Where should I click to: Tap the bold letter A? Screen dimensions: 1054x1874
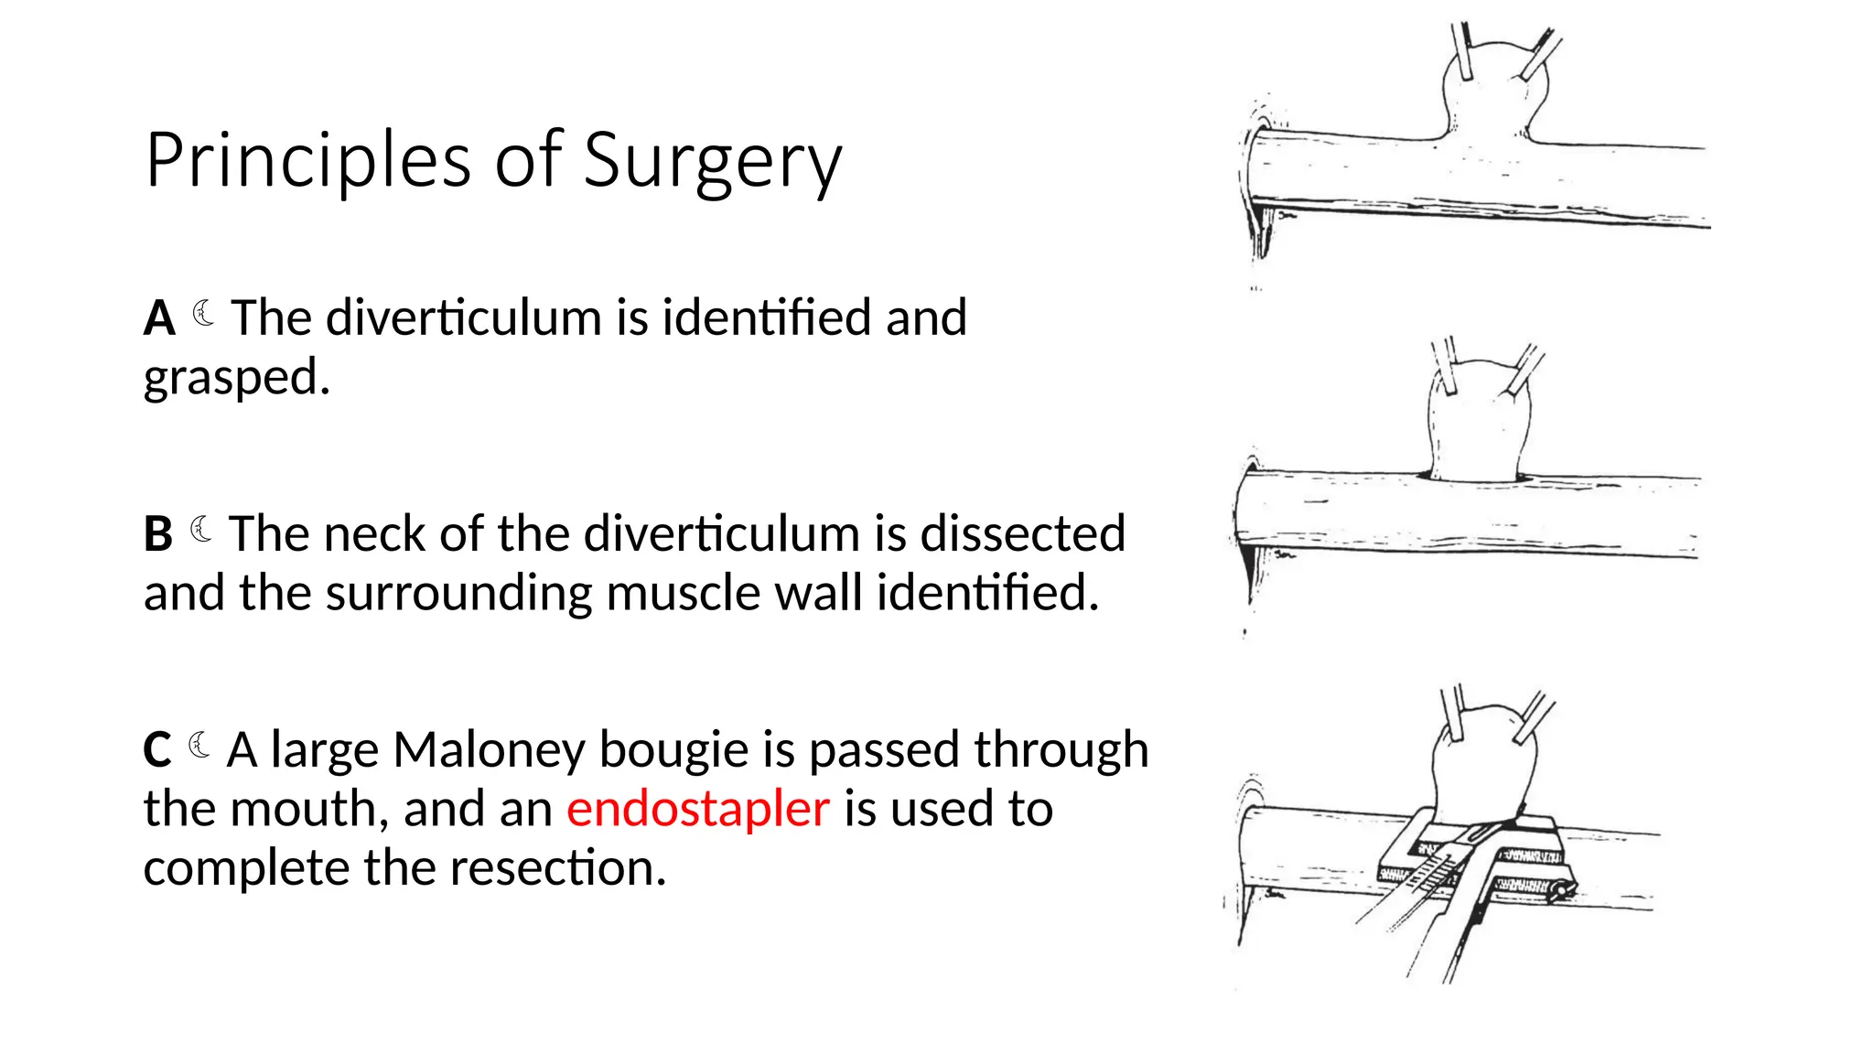[x=159, y=318]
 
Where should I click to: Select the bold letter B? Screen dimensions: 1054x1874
[x=158, y=534]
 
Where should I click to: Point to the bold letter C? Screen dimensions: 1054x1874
[x=157, y=750]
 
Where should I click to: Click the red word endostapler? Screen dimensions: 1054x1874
[x=697, y=809]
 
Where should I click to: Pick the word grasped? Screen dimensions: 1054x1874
[x=236, y=377]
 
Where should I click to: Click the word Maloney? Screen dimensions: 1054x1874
[x=489, y=750]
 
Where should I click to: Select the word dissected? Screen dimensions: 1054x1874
[x=1022, y=534]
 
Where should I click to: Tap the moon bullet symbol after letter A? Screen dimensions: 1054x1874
[x=204, y=314]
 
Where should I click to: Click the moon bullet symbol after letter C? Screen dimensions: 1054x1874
[x=199, y=746]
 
